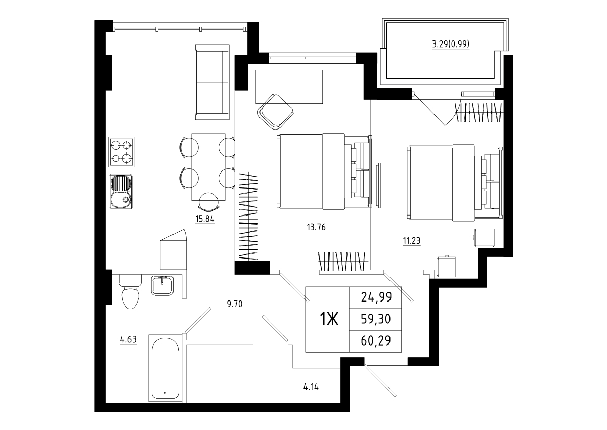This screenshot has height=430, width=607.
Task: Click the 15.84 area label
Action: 205,219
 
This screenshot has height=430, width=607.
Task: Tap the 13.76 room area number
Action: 316,227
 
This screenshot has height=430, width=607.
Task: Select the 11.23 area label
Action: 412,240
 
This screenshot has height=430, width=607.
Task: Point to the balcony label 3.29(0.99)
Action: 451,44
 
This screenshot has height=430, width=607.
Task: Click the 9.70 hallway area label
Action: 235,304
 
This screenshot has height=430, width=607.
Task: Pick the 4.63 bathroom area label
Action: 128,339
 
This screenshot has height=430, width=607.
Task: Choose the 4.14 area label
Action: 311,388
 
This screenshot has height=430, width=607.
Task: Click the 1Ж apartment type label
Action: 329,319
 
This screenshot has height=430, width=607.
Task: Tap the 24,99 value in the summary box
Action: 376,297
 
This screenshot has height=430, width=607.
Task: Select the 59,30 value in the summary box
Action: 376,319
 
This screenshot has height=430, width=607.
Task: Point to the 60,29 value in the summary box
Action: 376,341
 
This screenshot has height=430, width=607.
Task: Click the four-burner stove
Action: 121,152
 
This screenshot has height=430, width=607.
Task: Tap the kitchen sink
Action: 121,192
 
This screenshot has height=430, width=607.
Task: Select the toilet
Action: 131,291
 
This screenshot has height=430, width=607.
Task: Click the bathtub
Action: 165,368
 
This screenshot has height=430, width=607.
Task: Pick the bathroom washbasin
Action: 162,286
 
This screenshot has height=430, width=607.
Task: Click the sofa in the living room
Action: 212,82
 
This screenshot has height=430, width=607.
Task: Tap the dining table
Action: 208,167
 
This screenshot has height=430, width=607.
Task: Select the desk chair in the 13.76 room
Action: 276,112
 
